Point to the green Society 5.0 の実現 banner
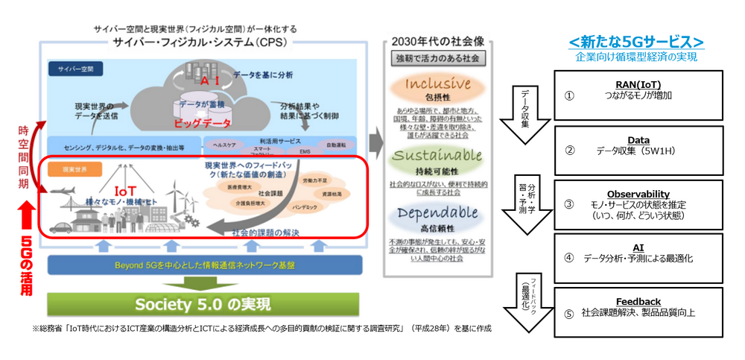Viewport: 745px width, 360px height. [x=203, y=304]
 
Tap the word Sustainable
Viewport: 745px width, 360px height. [x=438, y=156]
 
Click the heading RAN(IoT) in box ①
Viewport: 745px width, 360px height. [x=638, y=84]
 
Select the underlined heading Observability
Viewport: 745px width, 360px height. [x=638, y=195]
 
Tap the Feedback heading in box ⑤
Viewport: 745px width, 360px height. [x=638, y=301]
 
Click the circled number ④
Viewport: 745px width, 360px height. [x=569, y=259]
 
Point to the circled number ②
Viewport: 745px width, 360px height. [x=569, y=150]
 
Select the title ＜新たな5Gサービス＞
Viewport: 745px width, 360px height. [x=637, y=41]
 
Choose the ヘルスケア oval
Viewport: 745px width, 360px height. [x=224, y=145]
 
